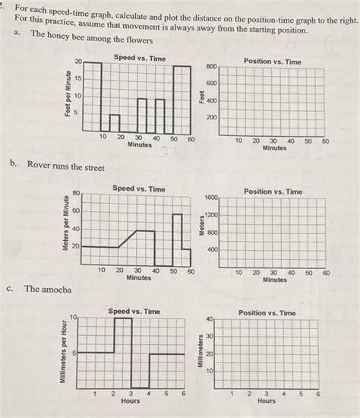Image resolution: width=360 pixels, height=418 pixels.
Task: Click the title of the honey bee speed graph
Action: click(x=139, y=59)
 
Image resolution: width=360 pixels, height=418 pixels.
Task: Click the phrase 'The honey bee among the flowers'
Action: click(x=91, y=40)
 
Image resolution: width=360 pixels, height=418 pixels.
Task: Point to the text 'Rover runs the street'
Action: click(x=65, y=165)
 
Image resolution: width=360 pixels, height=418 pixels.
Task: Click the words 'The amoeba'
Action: click(x=47, y=289)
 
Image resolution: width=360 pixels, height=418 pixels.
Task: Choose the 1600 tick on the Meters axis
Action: click(x=211, y=198)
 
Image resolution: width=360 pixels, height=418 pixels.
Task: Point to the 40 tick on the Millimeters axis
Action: click(x=210, y=318)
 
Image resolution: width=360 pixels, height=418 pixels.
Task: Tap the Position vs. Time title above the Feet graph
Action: click(x=272, y=62)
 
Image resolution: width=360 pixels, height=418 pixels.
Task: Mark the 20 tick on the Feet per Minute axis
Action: click(x=77, y=62)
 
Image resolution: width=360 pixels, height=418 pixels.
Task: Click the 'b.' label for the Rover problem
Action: click(x=14, y=165)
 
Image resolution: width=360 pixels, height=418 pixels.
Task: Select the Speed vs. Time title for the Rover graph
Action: click(x=138, y=188)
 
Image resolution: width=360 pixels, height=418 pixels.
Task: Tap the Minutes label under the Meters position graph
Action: click(x=274, y=279)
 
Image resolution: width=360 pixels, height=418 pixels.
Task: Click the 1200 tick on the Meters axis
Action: click(x=213, y=215)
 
